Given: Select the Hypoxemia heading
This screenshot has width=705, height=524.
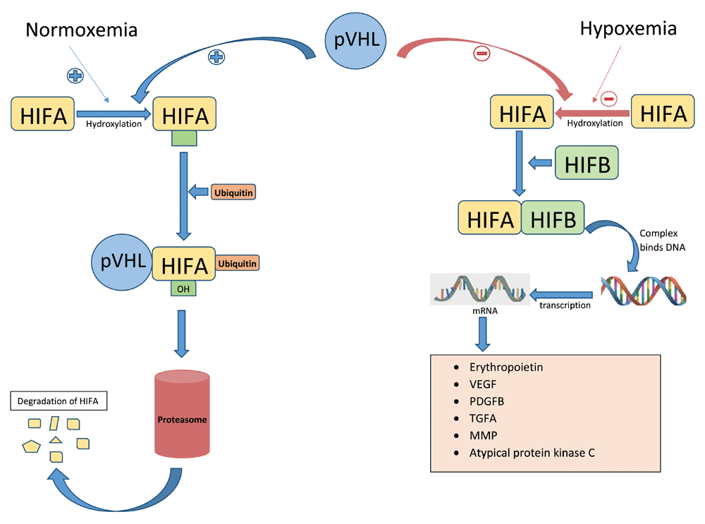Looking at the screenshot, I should [x=627, y=29].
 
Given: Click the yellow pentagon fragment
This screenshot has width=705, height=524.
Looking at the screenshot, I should [x=31, y=446].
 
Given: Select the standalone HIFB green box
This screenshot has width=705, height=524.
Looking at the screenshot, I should [x=587, y=163].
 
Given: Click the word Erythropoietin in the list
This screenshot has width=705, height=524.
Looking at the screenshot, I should [x=505, y=367].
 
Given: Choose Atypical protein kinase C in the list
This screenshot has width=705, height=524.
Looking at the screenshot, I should [x=532, y=452].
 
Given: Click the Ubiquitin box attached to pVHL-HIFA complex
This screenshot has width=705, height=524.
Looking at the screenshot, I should [x=237, y=263].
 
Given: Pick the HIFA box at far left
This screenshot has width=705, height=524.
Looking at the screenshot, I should [x=43, y=116].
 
